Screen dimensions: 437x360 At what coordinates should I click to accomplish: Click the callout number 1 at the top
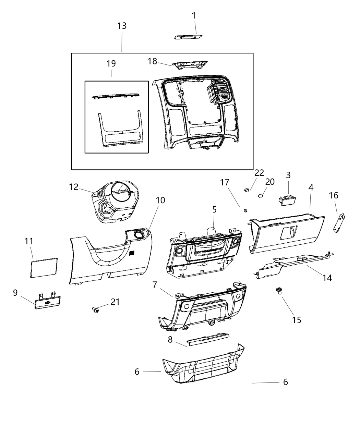[194, 15]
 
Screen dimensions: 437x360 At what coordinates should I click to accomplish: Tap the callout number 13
[122, 26]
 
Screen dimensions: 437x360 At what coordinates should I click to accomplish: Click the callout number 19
[111, 63]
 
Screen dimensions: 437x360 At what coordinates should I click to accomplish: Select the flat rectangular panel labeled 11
[43, 267]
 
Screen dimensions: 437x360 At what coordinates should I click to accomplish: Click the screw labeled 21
[95, 310]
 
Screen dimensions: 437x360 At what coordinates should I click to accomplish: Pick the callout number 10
[160, 200]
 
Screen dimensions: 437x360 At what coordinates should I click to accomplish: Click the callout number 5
[214, 209]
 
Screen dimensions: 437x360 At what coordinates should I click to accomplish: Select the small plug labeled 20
[260, 195]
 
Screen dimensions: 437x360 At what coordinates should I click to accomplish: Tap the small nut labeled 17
[245, 210]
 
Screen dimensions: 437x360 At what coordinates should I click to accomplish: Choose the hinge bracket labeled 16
[339, 223]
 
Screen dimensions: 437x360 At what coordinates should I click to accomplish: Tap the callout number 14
[327, 277]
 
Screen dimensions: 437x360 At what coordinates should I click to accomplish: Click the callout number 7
[155, 285]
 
